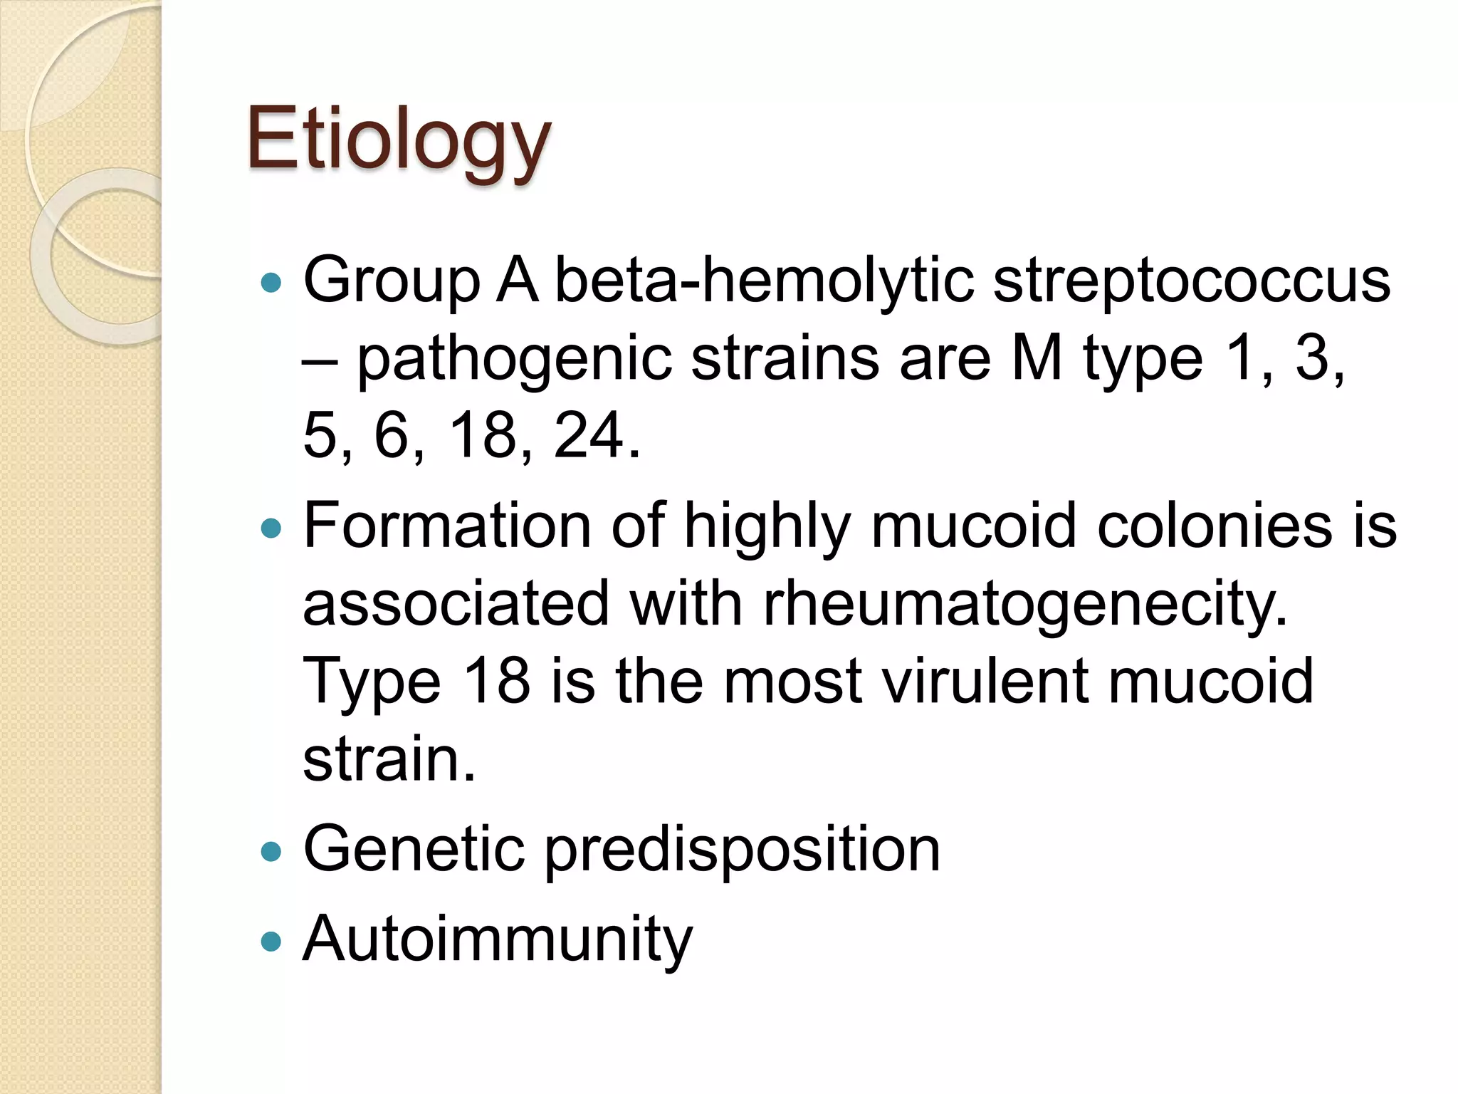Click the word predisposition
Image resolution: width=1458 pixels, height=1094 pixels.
[x=743, y=850]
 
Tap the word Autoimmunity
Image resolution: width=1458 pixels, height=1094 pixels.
[x=497, y=939]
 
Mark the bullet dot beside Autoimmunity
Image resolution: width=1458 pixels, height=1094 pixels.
[x=271, y=942]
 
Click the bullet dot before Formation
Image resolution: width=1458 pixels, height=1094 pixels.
[x=271, y=528]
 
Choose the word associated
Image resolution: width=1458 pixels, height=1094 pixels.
[x=456, y=604]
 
